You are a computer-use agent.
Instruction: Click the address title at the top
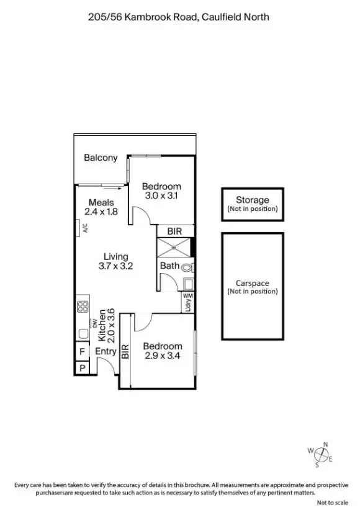coord(179,17)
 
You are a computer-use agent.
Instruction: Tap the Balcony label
coord(101,158)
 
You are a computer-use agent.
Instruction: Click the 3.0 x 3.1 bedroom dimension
coord(161,195)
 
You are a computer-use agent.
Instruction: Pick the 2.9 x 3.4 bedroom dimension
coord(163,356)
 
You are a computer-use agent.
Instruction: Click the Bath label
coord(169,266)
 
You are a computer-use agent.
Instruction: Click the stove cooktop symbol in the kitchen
coord(82,306)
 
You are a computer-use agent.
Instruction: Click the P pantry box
coord(81,368)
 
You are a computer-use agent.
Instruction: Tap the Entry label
coord(106,351)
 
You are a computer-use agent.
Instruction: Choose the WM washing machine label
coord(187,297)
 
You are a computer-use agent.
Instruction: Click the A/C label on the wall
coord(85,228)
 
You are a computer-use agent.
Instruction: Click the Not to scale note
coord(333,503)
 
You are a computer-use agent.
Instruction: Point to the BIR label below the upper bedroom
coord(174,231)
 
